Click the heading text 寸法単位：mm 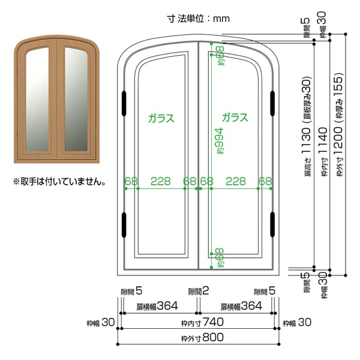(199, 19)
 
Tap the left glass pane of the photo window (37, 99)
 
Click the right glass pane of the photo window (76, 99)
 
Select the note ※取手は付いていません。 (59, 182)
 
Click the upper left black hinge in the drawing (124, 103)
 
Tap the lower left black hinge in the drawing (124, 225)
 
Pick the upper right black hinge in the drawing (272, 103)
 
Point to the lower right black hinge (272, 224)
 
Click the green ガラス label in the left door (161, 118)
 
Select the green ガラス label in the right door (235, 118)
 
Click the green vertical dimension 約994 (219, 141)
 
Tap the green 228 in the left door (160, 181)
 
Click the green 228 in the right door (236, 181)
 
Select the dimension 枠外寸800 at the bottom (202, 337)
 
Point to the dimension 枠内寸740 (202, 322)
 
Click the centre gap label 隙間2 (199, 291)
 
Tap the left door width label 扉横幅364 (157, 306)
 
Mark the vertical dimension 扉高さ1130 (307, 127)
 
